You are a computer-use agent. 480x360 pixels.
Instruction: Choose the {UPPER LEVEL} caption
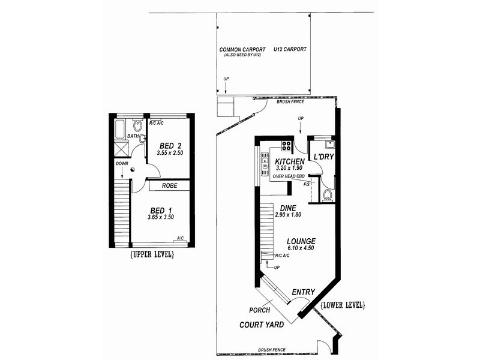point(151,254)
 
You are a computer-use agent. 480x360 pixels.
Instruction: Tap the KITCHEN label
point(289,162)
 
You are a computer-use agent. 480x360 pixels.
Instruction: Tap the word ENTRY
point(303,292)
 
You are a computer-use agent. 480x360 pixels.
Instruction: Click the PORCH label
point(259,310)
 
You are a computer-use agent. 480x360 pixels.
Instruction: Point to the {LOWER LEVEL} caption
point(343,305)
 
